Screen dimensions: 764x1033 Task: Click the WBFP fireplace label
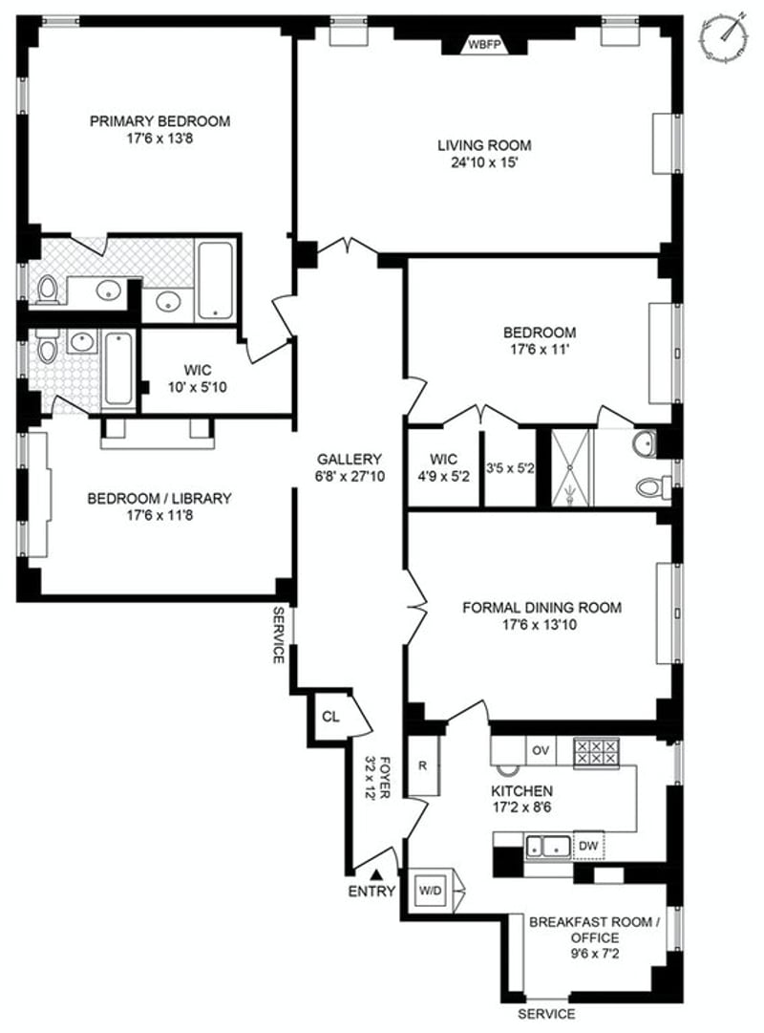point(485,45)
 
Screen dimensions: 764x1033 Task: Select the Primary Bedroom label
point(160,121)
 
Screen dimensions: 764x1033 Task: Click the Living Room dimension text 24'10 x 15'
point(485,162)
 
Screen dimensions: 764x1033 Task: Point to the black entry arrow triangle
point(376,875)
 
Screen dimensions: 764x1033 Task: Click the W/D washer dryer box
point(431,891)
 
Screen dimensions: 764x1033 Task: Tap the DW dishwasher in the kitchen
point(588,846)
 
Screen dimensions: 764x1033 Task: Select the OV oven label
point(541,750)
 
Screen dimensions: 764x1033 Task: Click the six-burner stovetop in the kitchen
point(596,752)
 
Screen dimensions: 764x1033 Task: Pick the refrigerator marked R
point(422,764)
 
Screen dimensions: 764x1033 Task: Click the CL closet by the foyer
point(330,717)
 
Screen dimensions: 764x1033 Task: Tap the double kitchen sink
point(548,847)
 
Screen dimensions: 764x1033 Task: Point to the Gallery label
point(350,460)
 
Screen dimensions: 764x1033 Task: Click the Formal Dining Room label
point(541,608)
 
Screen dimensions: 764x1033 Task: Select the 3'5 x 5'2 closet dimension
point(510,468)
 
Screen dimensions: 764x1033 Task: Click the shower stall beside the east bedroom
point(572,467)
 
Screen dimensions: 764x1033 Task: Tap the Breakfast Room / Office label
point(594,930)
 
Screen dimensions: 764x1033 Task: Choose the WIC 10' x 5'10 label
point(198,378)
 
